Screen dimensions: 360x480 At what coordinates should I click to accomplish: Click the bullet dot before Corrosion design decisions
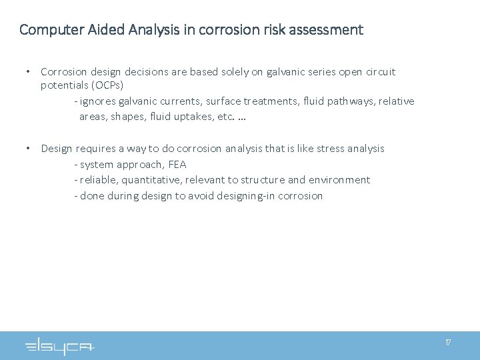coord(28,71)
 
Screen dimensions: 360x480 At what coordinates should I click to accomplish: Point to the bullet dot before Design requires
coord(28,148)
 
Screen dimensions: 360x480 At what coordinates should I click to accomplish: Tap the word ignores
coord(99,101)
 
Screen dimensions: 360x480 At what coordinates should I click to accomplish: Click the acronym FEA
coord(177,165)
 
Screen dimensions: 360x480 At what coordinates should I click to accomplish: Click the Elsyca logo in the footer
coord(60,347)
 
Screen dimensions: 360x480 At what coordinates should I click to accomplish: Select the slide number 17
coord(448,342)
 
